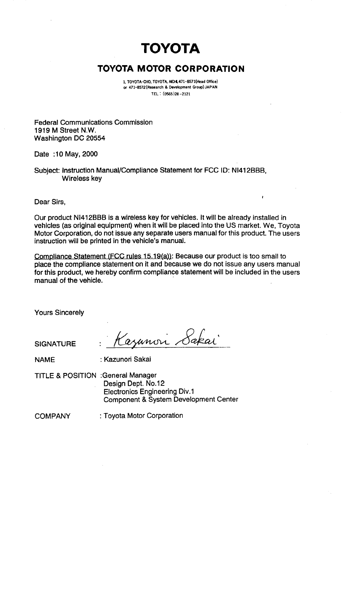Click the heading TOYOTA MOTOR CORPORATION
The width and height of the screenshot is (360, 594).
click(x=171, y=69)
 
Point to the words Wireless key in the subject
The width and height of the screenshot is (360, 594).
click(x=82, y=179)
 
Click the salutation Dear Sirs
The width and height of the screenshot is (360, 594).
click(x=50, y=203)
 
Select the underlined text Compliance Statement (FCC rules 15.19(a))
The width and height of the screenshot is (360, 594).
click(x=103, y=256)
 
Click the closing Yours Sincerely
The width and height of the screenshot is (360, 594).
click(x=59, y=312)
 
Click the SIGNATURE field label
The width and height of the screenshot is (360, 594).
click(x=55, y=344)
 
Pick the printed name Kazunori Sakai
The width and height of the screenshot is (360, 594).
click(x=127, y=359)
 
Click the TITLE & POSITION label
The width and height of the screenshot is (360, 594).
click(x=65, y=376)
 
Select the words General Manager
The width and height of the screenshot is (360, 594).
click(x=130, y=375)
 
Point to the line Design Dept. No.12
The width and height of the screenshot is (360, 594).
click(x=134, y=383)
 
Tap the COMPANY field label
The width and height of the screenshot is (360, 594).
click(x=52, y=416)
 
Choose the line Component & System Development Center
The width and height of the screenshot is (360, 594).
click(x=170, y=399)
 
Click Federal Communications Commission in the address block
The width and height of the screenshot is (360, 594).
click(x=93, y=122)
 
